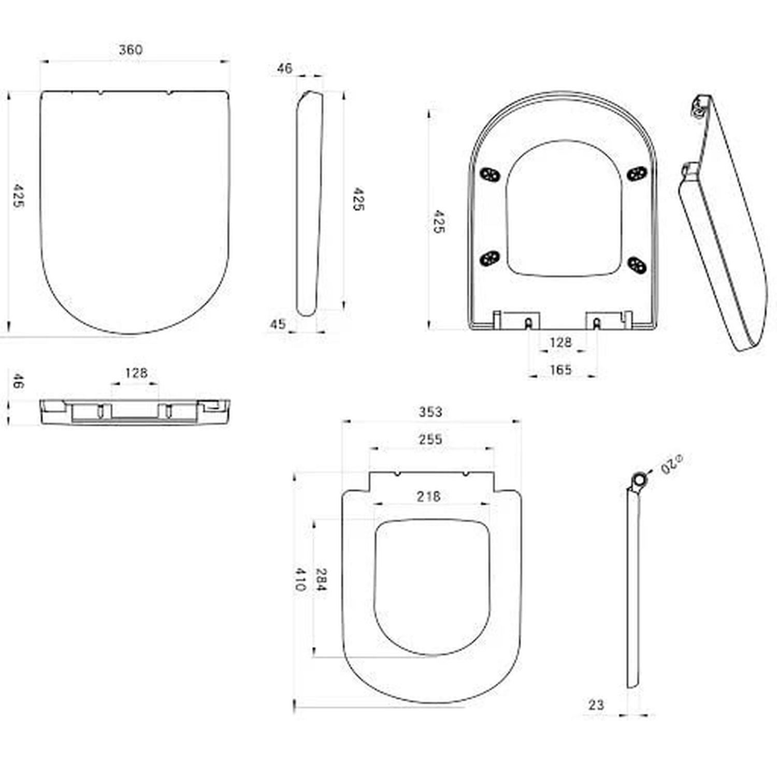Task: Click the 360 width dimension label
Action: click(x=131, y=50)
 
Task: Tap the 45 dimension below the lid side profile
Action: click(x=278, y=324)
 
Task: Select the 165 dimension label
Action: click(x=561, y=369)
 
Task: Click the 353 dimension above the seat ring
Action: click(x=430, y=412)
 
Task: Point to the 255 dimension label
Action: click(x=430, y=439)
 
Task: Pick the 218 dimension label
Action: click(x=429, y=496)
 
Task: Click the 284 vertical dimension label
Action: click(x=321, y=581)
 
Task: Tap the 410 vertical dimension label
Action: click(x=300, y=580)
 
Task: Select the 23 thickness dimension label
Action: click(x=596, y=704)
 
